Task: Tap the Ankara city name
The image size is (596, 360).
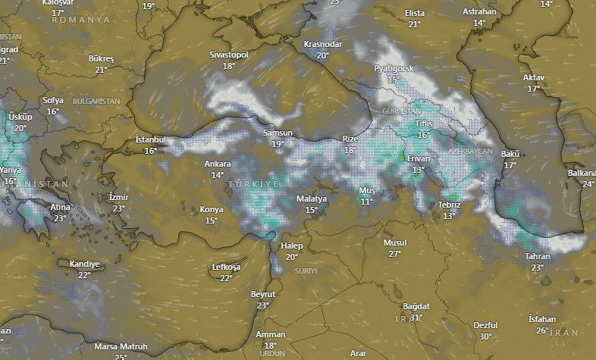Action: [218, 164]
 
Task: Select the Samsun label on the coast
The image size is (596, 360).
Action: [278, 133]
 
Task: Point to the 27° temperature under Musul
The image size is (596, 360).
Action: [395, 254]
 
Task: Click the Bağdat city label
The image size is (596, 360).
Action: [416, 306]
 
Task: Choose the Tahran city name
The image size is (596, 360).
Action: [538, 257]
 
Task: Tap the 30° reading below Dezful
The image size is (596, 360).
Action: [485, 337]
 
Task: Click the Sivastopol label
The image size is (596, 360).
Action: [229, 55]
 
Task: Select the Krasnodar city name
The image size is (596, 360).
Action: [322, 45]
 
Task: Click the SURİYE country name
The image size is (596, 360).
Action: [306, 271]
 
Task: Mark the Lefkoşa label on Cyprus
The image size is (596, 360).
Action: [226, 268]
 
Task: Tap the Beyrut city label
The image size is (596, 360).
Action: [263, 294]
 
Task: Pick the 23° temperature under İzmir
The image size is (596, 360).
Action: [119, 208]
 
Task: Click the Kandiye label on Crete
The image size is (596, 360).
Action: [84, 264]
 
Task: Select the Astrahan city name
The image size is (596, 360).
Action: [479, 12]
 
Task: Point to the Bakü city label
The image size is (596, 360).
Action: [510, 155]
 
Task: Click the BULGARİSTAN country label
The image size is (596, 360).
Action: [96, 101]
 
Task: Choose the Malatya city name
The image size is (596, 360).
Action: [311, 199]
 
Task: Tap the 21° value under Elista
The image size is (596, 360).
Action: [414, 24]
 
